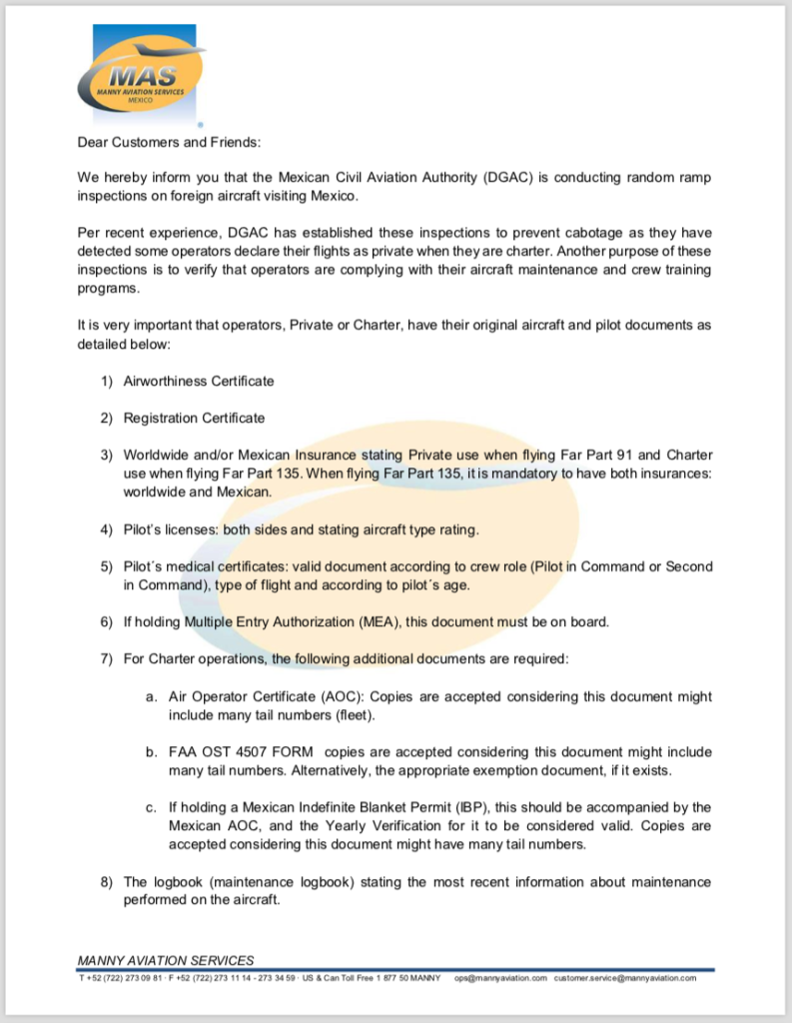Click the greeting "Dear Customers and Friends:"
tap(169, 142)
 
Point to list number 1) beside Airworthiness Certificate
tap(107, 381)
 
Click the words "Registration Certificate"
tap(194, 418)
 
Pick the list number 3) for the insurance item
tap(107, 455)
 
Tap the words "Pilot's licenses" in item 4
tap(170, 528)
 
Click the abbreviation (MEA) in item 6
tap(382, 621)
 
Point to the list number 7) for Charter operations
tap(107, 658)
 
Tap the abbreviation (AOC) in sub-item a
tap(345, 696)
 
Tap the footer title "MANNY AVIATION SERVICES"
tap(166, 960)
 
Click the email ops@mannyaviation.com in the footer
tap(500, 978)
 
